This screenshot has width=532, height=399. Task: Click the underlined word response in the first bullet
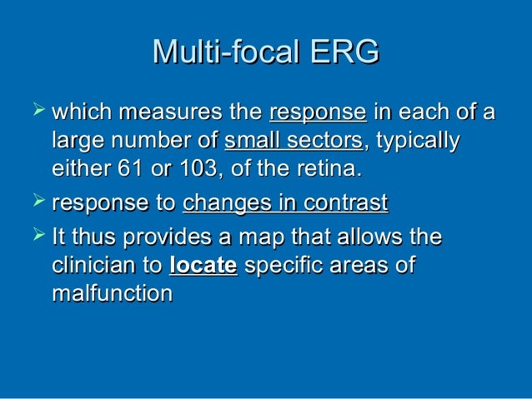tap(319, 112)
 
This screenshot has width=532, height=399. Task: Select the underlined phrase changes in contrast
tap(285, 202)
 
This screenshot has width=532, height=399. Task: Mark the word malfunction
tap(112, 296)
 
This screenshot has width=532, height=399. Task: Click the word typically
tap(419, 142)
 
